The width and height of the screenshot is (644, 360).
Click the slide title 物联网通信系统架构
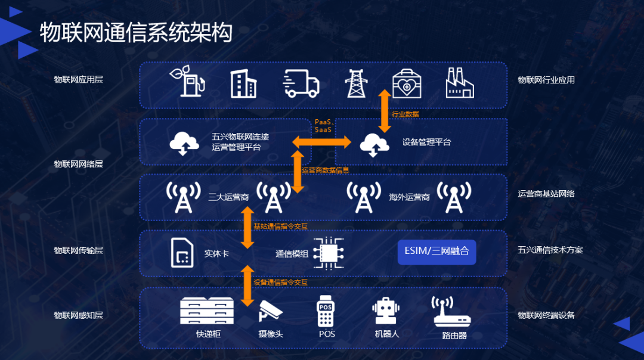(x=135, y=33)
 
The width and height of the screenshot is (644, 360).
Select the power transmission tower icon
(x=357, y=83)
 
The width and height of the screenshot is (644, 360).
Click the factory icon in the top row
(x=460, y=83)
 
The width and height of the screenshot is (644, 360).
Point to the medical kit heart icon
(x=407, y=84)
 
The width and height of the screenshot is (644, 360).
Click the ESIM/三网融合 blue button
(x=436, y=252)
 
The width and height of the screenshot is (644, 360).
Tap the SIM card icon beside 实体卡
(x=181, y=253)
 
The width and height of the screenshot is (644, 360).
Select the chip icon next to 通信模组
(x=329, y=253)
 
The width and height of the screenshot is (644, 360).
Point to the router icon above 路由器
(x=451, y=311)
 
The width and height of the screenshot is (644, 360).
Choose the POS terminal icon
(x=326, y=311)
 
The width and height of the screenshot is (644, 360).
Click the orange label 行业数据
(x=405, y=114)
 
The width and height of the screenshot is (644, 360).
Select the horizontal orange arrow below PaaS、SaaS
(x=321, y=141)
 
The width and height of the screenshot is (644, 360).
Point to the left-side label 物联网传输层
(x=78, y=250)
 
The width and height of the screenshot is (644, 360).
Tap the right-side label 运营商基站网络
(x=546, y=194)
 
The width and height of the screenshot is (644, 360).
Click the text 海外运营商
(x=409, y=197)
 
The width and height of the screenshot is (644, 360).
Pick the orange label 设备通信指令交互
(x=280, y=282)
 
